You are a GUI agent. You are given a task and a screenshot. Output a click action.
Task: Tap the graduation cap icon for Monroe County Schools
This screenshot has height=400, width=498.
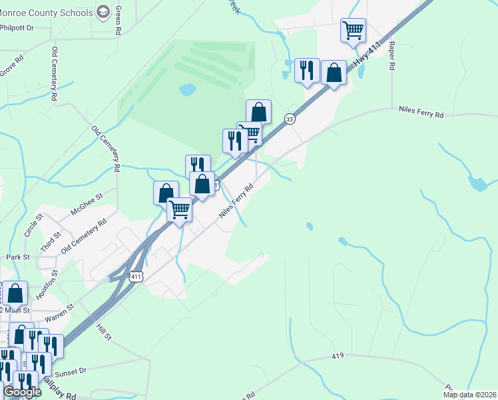click(103, 11)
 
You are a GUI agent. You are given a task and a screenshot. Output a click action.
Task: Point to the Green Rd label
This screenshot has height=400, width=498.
click(118, 21)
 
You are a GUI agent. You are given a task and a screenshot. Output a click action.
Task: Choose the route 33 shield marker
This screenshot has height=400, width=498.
click(289, 119)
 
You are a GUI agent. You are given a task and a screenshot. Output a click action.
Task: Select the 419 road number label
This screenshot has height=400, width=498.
click(338, 357)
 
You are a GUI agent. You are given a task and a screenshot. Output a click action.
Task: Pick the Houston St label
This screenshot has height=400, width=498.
click(45, 288)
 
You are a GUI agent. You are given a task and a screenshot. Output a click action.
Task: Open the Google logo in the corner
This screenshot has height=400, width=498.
click(22, 392)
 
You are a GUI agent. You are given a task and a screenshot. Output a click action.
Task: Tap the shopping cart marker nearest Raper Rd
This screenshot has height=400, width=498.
click(353, 30)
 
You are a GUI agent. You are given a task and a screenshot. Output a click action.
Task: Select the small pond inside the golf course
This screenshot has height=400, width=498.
click(188, 89)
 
